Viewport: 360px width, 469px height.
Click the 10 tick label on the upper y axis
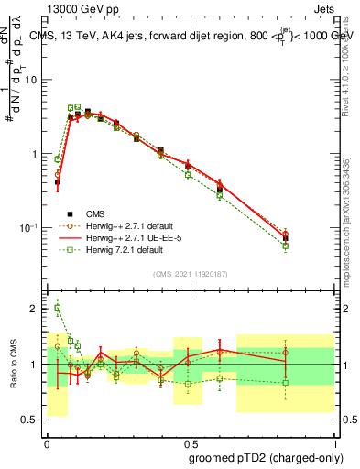[x=30, y=80]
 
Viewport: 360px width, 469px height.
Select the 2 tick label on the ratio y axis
[x=35, y=309]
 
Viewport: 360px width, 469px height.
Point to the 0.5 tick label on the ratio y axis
[x=30, y=420]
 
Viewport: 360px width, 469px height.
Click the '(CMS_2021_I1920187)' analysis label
[x=190, y=273]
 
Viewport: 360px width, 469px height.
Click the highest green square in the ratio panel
[x=57, y=308]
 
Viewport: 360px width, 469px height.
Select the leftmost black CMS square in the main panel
[x=57, y=181]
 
